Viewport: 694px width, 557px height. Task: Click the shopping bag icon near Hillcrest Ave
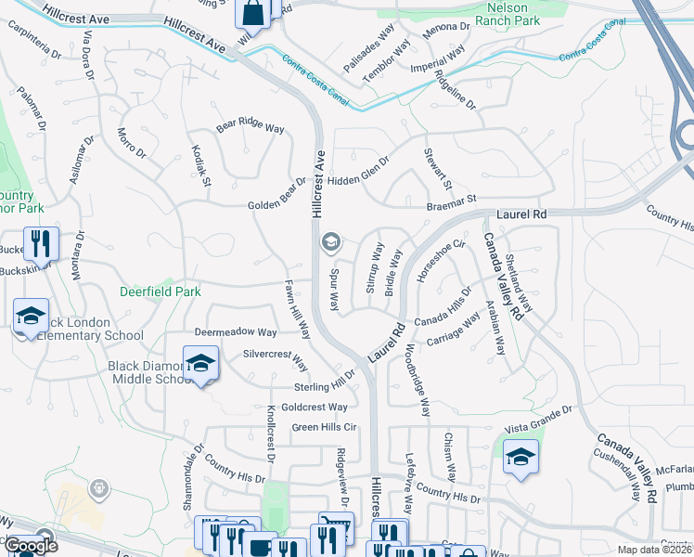tap(252, 13)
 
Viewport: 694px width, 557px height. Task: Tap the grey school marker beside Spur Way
tap(329, 243)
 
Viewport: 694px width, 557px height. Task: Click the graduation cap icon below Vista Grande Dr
tap(520, 457)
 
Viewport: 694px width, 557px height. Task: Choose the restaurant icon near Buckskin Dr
tap(41, 244)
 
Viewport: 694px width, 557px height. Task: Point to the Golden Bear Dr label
tap(276, 205)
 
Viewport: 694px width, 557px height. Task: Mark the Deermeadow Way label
tap(236, 331)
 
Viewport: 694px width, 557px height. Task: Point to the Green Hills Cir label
tap(325, 427)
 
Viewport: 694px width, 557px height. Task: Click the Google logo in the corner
tap(31, 546)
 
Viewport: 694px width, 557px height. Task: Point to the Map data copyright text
tap(653, 550)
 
